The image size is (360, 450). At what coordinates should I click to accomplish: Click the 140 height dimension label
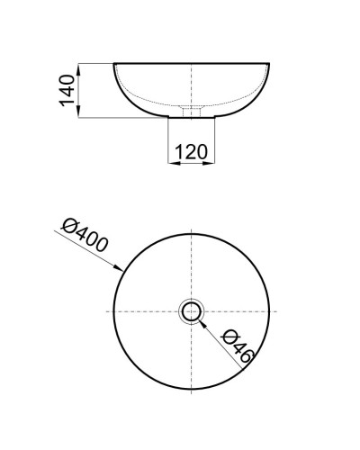[x=66, y=90]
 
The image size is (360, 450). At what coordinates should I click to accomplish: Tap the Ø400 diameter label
[x=86, y=236]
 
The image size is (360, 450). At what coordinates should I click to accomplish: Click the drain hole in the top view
[x=191, y=311]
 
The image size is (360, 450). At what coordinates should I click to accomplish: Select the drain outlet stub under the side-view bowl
[x=191, y=113]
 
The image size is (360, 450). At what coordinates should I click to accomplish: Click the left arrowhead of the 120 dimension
[x=171, y=162]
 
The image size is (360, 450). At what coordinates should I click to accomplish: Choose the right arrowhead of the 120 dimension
[x=211, y=162]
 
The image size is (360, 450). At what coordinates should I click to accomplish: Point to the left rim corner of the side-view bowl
[x=113, y=64]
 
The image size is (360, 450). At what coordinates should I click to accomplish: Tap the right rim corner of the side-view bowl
[x=269, y=64]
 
